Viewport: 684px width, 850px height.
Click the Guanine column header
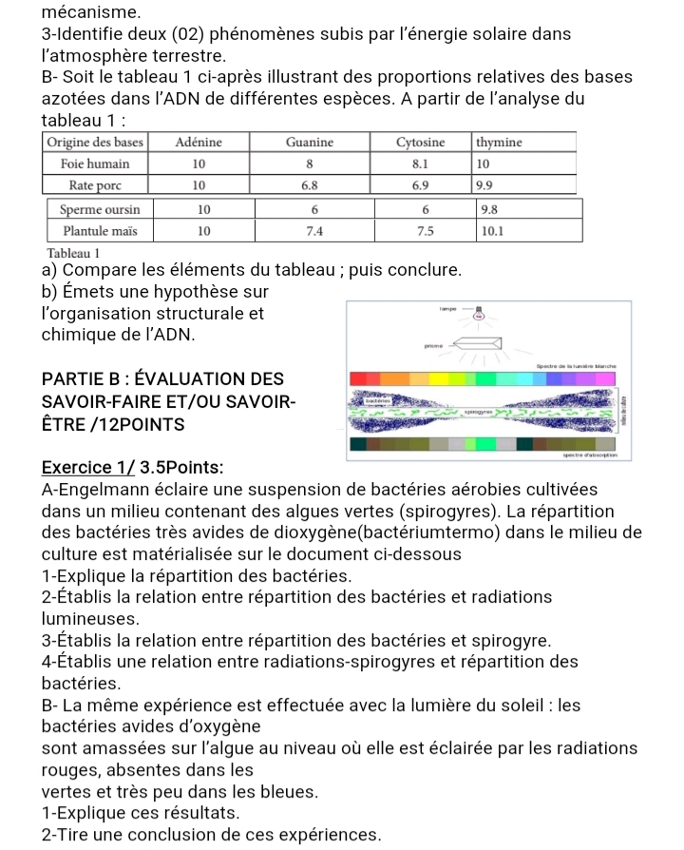click(x=310, y=143)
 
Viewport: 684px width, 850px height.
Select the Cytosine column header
click(x=420, y=143)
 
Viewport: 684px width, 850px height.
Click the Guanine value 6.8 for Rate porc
click(x=310, y=184)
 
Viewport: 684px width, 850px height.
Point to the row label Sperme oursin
click(x=100, y=209)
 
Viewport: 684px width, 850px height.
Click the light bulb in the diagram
click(x=492, y=308)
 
